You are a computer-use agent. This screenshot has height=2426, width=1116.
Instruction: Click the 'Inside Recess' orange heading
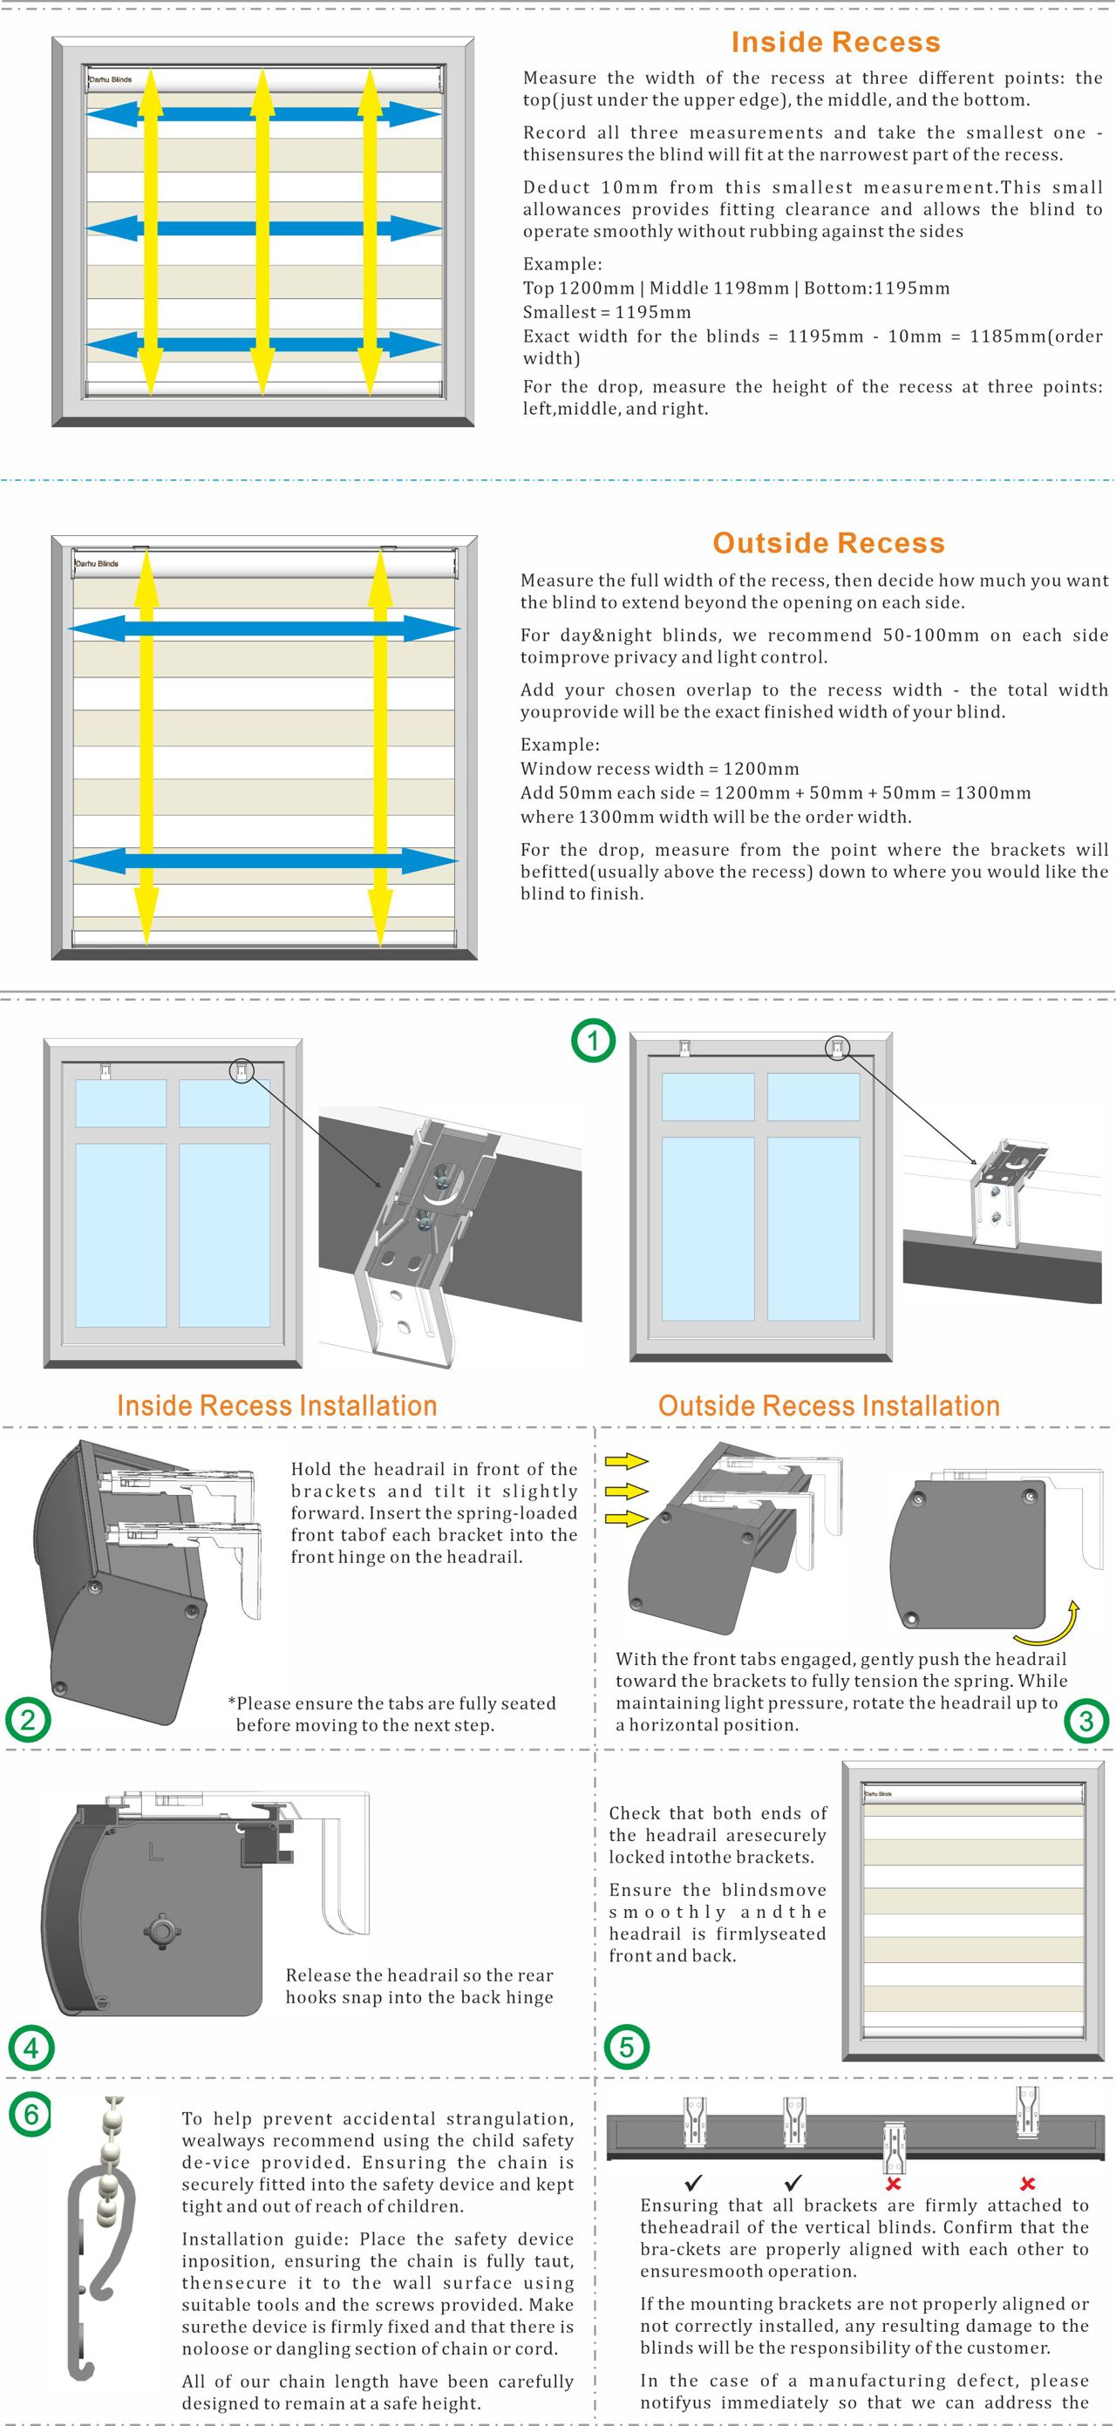click(835, 43)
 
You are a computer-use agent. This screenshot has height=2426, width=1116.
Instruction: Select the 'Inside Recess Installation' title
click(277, 1406)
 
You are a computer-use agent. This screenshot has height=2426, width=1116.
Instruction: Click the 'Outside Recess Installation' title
click(829, 1406)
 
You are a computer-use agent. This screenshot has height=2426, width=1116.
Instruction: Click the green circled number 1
click(594, 1041)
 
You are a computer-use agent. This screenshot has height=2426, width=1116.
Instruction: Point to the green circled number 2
click(28, 1721)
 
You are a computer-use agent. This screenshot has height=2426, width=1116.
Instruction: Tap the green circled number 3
click(1085, 1722)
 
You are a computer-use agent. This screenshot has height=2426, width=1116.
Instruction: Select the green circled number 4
click(31, 2048)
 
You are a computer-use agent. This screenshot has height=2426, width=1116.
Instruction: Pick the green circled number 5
click(626, 2048)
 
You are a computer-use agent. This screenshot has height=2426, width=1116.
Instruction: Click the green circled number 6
click(31, 2115)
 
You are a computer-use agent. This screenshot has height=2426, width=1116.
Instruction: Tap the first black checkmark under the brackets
click(694, 2183)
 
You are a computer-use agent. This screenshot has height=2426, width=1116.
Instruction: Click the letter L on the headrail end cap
click(155, 1852)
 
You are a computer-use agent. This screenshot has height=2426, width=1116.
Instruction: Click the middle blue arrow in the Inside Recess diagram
click(263, 228)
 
